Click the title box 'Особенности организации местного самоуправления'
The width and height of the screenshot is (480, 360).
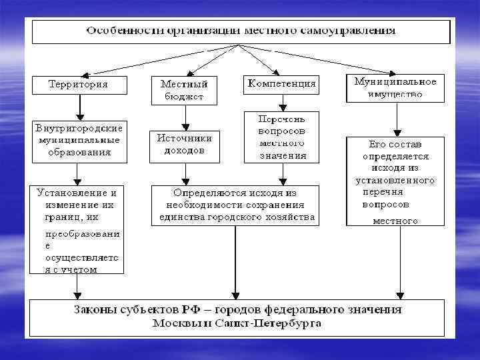tap(239, 32)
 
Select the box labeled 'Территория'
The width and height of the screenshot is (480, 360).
tap(79, 85)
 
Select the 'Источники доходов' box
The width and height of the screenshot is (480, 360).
tap(185, 144)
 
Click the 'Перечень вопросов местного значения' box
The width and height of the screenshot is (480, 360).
tap(283, 136)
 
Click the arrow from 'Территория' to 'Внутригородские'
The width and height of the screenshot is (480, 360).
tap(79, 105)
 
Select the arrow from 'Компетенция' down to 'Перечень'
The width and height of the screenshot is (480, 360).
tap(283, 101)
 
